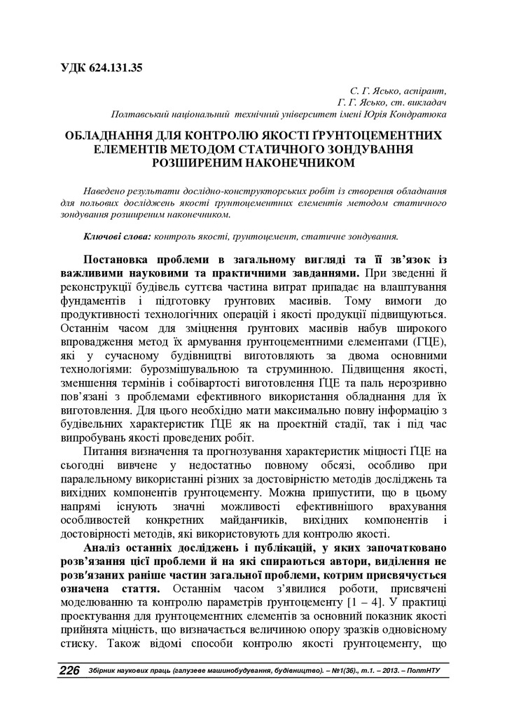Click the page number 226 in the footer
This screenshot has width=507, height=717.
click(69, 671)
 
